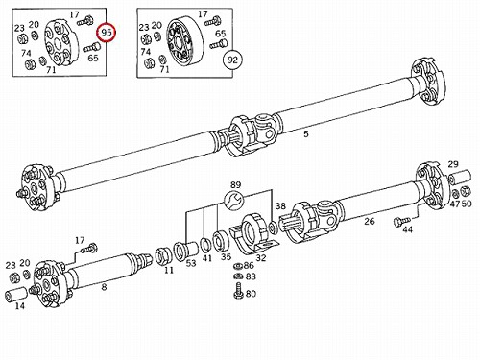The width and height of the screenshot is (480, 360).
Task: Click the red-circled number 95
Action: pos(107,33)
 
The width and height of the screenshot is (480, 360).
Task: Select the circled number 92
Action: pos(232,60)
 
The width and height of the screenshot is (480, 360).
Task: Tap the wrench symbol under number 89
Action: pos(233,201)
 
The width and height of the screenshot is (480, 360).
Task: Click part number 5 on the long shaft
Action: pos(306,134)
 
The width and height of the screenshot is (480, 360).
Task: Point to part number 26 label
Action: pos(370,221)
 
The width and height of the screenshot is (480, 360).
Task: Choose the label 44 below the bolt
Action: pos(407,229)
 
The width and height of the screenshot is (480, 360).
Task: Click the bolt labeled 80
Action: pos(239,291)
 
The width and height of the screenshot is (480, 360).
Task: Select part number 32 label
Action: pos(261,257)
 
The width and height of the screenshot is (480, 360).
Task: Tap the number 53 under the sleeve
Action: pos(191,263)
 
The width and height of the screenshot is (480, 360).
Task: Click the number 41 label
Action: pos(207,258)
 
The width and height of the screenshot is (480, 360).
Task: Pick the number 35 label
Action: pos(226,257)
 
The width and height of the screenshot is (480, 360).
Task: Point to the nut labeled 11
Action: pos(162,256)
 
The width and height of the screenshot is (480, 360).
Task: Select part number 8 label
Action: pos(104,287)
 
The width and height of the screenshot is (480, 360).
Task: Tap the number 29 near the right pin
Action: pos(453,164)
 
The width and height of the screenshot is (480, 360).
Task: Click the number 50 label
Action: pos(467,204)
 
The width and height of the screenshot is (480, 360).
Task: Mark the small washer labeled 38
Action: pos(273,228)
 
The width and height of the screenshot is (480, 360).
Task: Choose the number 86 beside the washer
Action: pos(249,265)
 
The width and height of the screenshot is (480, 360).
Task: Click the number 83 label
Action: pos(251,276)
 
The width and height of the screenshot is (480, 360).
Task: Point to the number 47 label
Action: pos(454,204)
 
